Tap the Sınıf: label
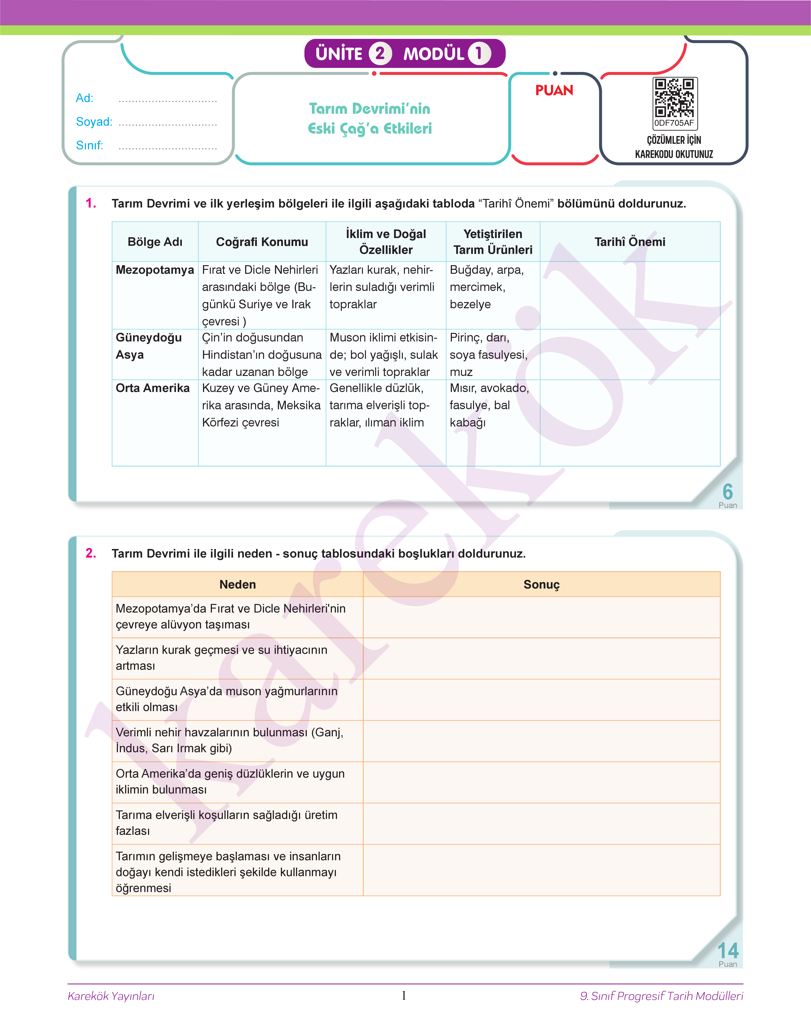[x=89, y=145]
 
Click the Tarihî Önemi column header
[x=630, y=242]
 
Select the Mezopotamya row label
[x=155, y=270]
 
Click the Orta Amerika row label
[x=152, y=388]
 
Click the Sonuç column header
[x=541, y=585]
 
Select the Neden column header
[x=237, y=585]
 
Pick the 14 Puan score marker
[x=727, y=954]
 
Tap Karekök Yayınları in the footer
[x=111, y=996]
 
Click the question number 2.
[x=91, y=553]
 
